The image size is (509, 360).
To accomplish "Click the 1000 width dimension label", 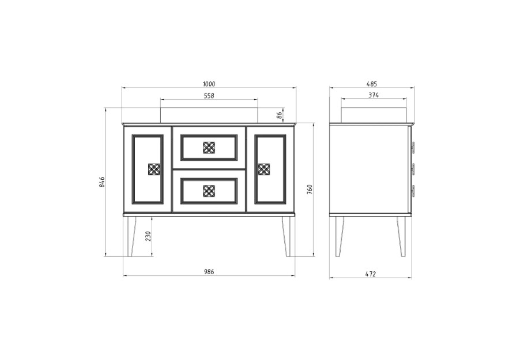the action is [209, 84].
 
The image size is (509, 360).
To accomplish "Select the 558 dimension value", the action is [209, 96].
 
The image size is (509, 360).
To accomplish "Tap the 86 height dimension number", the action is [280, 115].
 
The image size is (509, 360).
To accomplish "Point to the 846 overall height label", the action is [101, 182].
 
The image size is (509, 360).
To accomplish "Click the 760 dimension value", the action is [310, 190].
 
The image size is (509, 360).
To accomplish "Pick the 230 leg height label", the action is [148, 236].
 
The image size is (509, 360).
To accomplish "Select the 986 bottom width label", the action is [209, 272].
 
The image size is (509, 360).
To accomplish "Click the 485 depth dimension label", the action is [372, 84].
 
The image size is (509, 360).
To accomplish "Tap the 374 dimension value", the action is [374, 95].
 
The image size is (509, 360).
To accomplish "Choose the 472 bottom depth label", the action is [371, 274].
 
